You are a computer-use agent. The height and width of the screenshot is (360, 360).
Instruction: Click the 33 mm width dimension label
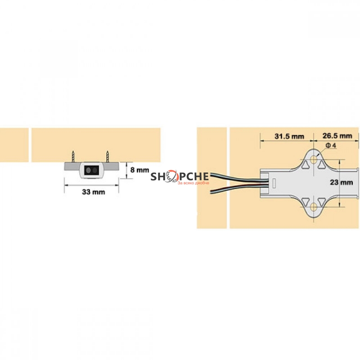click(94, 192)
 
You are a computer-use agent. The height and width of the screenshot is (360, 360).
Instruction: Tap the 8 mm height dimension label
click(139, 170)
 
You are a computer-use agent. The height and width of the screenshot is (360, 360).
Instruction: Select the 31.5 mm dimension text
click(289, 136)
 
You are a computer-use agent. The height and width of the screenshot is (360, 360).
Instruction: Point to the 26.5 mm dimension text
click(337, 136)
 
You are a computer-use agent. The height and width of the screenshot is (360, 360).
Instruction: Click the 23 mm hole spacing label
click(342, 182)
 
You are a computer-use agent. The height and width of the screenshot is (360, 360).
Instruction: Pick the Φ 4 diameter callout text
click(331, 145)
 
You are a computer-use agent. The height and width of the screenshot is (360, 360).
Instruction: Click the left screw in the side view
click(73, 156)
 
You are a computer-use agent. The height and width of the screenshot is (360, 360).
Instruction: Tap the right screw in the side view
click(107, 156)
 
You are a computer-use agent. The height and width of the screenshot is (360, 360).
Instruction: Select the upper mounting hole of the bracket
click(313, 160)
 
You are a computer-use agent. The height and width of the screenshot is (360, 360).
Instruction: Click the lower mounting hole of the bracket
click(313, 207)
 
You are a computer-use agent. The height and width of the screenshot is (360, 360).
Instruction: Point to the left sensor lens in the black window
click(88, 171)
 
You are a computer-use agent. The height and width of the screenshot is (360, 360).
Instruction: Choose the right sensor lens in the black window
click(95, 171)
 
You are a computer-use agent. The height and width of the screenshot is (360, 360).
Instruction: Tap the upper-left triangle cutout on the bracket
click(305, 164)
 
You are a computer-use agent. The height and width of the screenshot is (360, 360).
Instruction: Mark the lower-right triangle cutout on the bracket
click(321, 202)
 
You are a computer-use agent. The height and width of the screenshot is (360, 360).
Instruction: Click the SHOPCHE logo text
click(180, 176)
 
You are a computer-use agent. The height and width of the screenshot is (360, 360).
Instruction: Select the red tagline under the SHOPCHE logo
click(193, 183)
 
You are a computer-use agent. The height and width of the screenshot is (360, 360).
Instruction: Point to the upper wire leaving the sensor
click(239, 178)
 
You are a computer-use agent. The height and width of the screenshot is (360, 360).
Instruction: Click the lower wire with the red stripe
click(239, 188)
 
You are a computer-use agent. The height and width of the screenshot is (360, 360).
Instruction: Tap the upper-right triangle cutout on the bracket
click(321, 164)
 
